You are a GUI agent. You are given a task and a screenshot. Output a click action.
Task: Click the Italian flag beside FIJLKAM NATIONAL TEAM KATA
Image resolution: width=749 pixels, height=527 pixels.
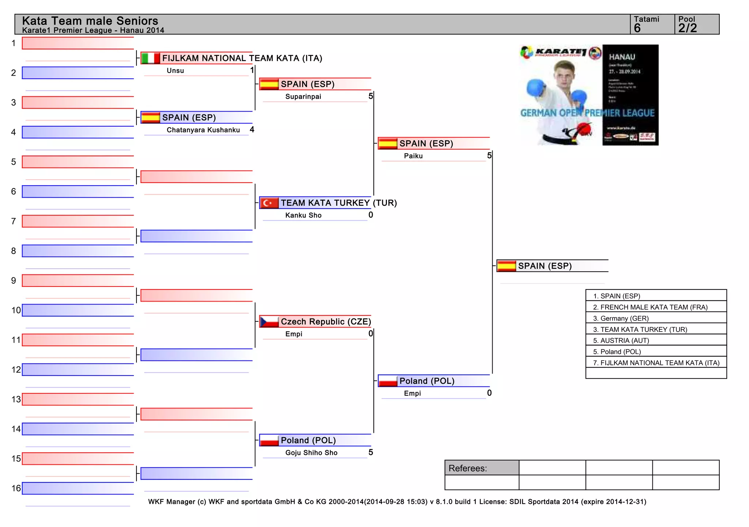pyautogui.click(x=150, y=58)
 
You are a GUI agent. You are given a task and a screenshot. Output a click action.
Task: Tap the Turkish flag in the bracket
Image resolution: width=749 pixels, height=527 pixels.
pyautogui.click(x=269, y=203)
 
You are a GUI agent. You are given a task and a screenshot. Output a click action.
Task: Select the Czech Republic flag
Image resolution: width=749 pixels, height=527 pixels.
pyautogui.click(x=269, y=322)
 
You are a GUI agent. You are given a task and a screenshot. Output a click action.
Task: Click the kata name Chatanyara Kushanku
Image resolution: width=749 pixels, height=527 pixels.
pyautogui.click(x=203, y=130)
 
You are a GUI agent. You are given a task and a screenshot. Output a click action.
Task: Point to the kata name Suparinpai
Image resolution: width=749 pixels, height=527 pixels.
pyautogui.click(x=303, y=97)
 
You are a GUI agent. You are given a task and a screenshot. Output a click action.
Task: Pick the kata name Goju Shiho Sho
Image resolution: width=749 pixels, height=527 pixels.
pyautogui.click(x=311, y=453)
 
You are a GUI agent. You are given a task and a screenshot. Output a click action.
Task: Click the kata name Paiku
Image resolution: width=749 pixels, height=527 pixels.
pyautogui.click(x=413, y=156)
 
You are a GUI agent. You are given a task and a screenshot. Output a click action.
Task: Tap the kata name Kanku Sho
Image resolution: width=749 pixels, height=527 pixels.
pyautogui.click(x=303, y=215)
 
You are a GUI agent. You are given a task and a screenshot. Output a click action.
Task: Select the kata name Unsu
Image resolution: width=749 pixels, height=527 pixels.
pyautogui.click(x=175, y=71)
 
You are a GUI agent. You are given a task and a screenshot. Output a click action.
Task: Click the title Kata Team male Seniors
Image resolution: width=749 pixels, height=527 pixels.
pyautogui.click(x=90, y=20)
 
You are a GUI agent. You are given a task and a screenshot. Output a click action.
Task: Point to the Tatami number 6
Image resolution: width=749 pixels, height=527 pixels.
pyautogui.click(x=637, y=28)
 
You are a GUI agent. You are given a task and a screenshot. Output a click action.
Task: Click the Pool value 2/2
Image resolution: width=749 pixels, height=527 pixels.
pyautogui.click(x=688, y=28)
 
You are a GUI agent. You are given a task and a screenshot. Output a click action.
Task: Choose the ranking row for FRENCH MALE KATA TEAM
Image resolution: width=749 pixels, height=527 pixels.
pyautogui.click(x=654, y=307)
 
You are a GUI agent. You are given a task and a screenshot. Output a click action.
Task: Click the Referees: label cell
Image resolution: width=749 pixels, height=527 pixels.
pyautogui.click(x=481, y=468)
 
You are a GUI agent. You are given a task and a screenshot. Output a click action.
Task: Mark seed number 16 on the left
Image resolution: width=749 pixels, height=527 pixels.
pyautogui.click(x=16, y=488)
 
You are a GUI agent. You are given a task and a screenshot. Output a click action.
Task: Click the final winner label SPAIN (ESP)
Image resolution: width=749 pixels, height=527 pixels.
pyautogui.click(x=545, y=266)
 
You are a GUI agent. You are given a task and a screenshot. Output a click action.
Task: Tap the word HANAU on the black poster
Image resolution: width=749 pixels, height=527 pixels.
pyautogui.click(x=622, y=57)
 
